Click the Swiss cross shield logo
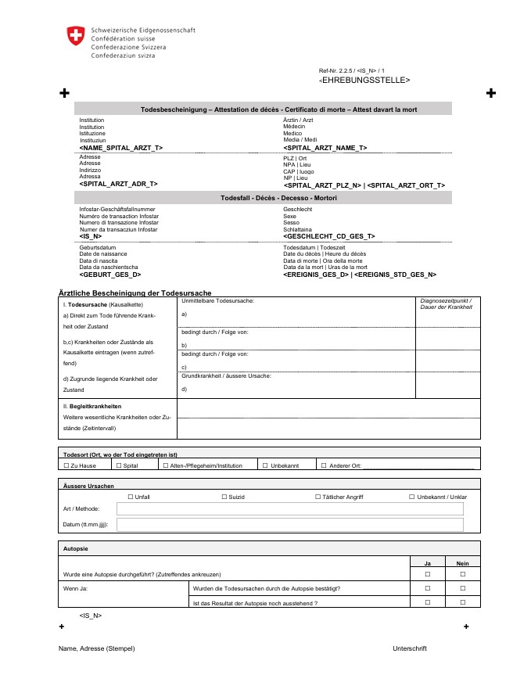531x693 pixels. point(76,35)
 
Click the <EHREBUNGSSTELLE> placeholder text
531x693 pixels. point(364,81)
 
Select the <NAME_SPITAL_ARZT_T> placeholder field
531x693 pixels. point(120,148)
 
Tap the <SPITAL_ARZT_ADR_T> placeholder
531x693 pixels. point(118,184)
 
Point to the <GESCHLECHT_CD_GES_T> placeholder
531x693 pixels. point(328,236)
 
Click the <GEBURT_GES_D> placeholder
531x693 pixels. point(109,275)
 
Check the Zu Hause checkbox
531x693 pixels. point(66,465)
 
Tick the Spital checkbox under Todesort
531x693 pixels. point(119,465)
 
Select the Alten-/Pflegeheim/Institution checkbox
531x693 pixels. point(165,465)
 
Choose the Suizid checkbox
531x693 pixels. point(224,497)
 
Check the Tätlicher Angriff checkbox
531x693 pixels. point(318,497)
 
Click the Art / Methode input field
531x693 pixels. point(290,509)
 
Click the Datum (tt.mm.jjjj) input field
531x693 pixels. point(290,525)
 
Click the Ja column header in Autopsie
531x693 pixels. point(428,562)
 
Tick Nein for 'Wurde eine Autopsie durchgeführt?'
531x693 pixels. point(463,574)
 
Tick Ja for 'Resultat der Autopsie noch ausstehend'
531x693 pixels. point(428,602)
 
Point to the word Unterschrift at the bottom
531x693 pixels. point(409,648)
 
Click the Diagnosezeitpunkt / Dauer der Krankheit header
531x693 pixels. point(447,303)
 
